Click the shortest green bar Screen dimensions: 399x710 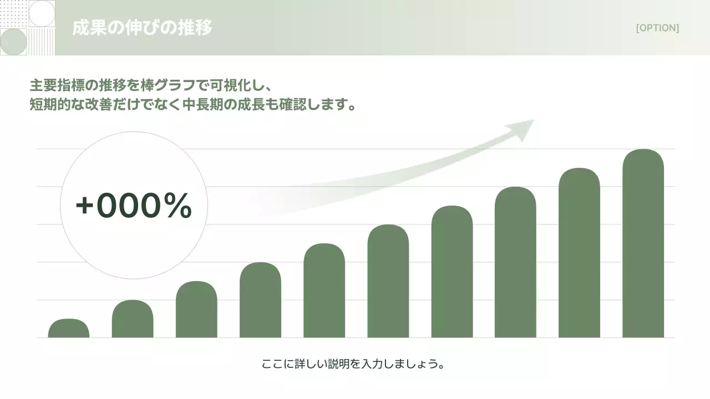[x=69, y=329]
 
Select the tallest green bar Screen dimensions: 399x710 [x=643, y=244]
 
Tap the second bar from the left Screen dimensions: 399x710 [x=133, y=319]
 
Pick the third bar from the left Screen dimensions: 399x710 [x=196, y=310]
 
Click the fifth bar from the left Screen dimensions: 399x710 [x=324, y=291]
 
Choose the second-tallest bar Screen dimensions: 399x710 [x=579, y=253]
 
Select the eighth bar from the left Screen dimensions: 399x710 [x=515, y=263]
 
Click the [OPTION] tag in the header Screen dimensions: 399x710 [x=657, y=28]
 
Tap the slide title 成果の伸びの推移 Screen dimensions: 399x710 [x=142, y=28]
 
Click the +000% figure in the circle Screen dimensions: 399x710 [x=134, y=206]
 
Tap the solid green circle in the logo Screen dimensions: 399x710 [x=13, y=42]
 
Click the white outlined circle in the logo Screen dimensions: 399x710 [x=42, y=14]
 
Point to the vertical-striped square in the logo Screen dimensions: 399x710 [x=42, y=42]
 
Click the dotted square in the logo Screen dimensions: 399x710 [x=13, y=14]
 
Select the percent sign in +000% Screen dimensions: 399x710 [x=177, y=206]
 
